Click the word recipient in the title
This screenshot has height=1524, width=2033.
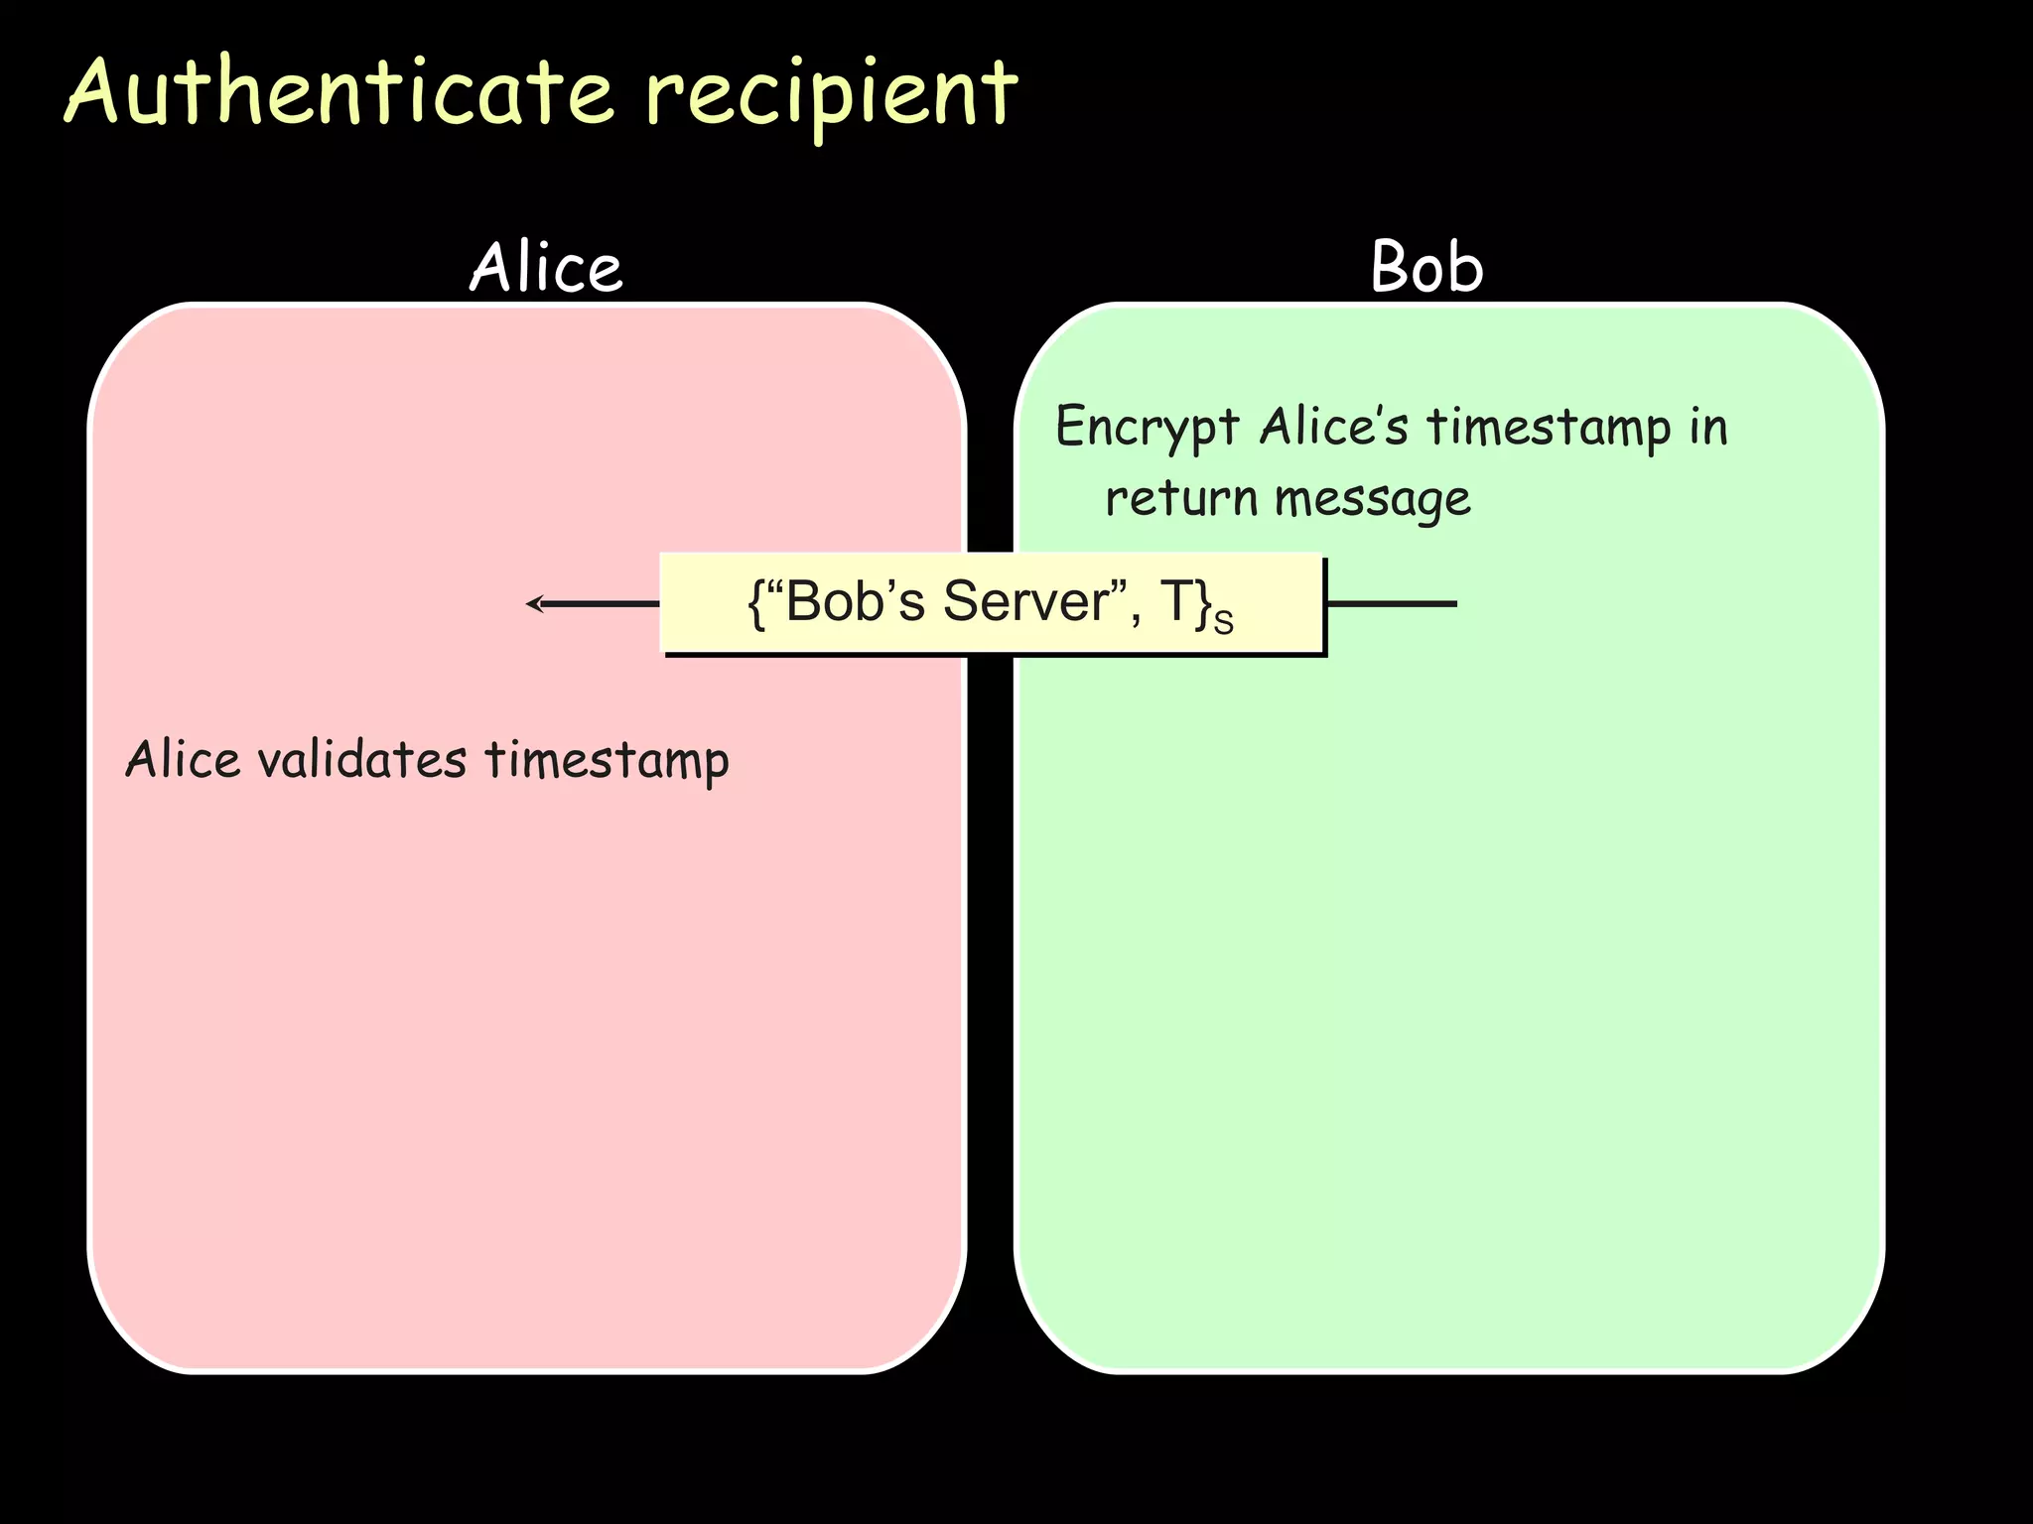pos(830,95)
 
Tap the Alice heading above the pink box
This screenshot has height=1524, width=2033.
pos(546,268)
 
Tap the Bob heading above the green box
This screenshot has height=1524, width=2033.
pos(1426,268)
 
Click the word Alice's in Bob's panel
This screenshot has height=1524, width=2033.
pos(1333,427)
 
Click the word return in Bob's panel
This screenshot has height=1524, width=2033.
pos(1181,497)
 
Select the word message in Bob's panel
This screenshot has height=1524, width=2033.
pos(1372,499)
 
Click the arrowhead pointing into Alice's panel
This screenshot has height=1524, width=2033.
pos(534,603)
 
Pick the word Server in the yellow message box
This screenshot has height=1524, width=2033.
pos(1026,601)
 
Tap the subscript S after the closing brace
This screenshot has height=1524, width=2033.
pos(1224,622)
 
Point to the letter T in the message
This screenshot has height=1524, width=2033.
pos(1175,601)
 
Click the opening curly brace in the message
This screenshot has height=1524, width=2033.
pos(756,603)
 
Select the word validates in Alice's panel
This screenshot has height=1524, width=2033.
pos(361,761)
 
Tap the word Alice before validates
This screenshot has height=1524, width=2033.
pos(184,761)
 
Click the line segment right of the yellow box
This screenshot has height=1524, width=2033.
pos(1391,603)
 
